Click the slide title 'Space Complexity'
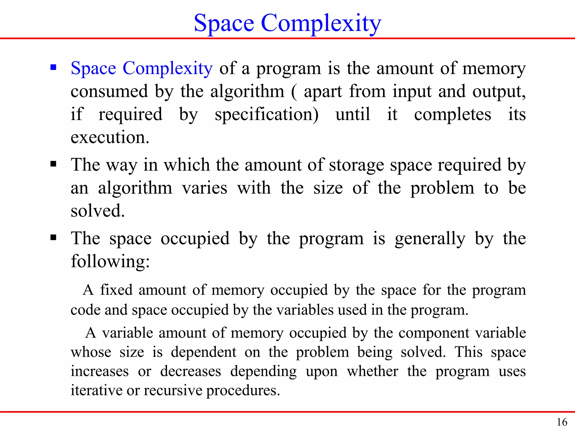point(287,23)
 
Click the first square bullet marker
point(53,67)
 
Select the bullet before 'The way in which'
point(53,164)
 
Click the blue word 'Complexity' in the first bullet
point(168,68)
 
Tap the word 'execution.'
point(110,137)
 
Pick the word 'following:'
point(110,262)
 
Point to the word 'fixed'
point(116,290)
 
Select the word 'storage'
point(356,165)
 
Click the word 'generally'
point(430,239)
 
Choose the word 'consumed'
point(109,91)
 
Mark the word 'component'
point(434,333)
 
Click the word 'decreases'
point(191,371)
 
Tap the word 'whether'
point(372,371)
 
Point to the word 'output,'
point(499,92)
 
